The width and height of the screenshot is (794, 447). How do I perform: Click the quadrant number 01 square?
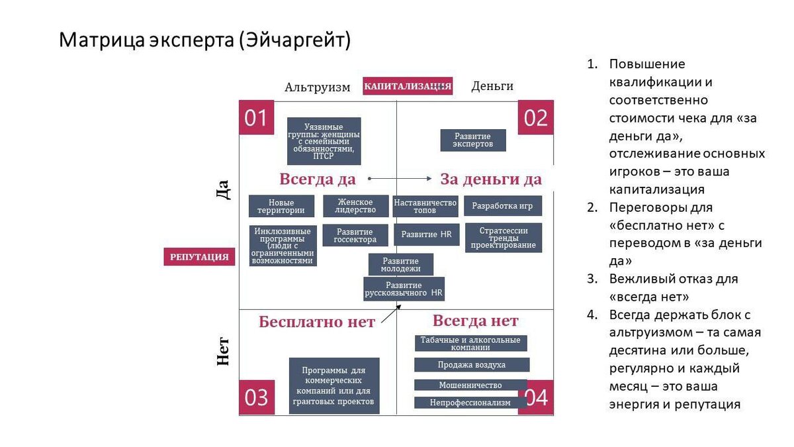coord(256,118)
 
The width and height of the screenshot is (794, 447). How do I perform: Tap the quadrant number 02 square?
coord(535,118)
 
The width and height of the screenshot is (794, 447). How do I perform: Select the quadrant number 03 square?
coord(256,397)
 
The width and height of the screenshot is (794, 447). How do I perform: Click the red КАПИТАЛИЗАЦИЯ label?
coord(408,86)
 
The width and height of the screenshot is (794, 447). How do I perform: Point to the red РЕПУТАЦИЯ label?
coord(199,257)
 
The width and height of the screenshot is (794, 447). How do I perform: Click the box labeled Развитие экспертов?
coord(473,140)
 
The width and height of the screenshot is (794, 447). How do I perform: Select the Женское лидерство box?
coord(355,206)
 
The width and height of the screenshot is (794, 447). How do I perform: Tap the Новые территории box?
coord(281,207)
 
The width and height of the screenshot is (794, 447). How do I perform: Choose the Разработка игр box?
coord(502,206)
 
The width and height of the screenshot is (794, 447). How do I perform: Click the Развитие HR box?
coord(426,234)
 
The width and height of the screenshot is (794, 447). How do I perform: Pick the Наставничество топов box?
coord(425,206)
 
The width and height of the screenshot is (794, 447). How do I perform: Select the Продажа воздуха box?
coord(472,365)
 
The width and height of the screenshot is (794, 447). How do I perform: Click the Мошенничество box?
coord(470,385)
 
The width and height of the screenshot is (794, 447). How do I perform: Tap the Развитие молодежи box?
coord(401,264)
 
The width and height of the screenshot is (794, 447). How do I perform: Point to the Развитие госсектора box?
coord(355,236)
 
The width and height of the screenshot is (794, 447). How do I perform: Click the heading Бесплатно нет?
coord(317,323)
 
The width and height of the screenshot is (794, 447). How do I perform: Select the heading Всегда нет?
coord(475,321)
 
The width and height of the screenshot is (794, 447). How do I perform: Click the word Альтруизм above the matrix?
coord(318,87)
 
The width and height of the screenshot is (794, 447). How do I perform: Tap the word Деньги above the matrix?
coord(492,86)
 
